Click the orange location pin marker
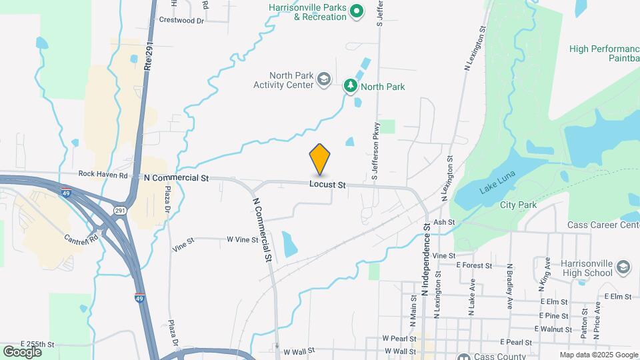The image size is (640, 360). click(320, 159)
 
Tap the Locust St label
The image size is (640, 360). click(327, 184)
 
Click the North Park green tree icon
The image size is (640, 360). click(350, 86)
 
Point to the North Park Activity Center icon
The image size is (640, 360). click(324, 80)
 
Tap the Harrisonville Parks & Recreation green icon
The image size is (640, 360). click(357, 11)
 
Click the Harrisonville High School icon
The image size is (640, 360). click(623, 267)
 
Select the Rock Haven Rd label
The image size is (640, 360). click(102, 175)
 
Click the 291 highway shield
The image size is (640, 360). click(120, 211)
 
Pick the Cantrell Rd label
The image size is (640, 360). click(81, 237)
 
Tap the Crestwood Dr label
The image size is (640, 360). click(181, 20)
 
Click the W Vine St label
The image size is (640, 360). click(242, 239)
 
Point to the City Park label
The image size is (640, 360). click(518, 205)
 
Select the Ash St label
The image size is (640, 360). click(443, 222)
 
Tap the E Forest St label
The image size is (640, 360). click(474, 265)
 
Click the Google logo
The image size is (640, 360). click(22, 351)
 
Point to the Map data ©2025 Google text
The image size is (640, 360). click(598, 354)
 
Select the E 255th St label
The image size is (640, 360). click(37, 344)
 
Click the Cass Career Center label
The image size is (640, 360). click(603, 225)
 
